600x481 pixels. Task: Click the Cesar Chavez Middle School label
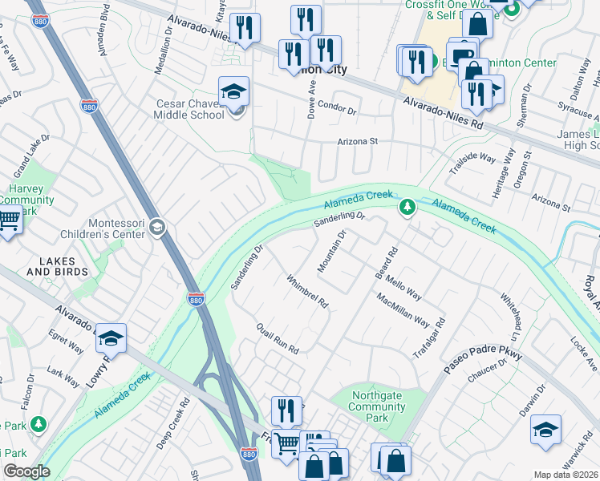tap(189, 109)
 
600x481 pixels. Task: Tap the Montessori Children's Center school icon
tap(156, 229)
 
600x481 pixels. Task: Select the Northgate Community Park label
tap(377, 406)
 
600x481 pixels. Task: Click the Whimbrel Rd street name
tap(308, 291)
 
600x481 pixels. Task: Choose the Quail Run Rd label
tap(278, 339)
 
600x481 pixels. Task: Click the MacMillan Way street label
tap(403, 309)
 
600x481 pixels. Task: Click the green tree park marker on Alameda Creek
tap(407, 208)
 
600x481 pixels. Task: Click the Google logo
tap(26, 471)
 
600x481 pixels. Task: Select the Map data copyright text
tap(566, 475)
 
